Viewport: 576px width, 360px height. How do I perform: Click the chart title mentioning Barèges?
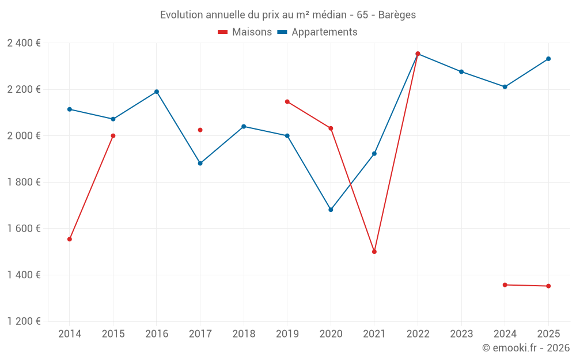point(288,15)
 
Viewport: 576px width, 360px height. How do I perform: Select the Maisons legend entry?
point(245,32)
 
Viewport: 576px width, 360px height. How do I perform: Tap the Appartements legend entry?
point(317,32)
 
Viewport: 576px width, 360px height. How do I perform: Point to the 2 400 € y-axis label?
point(24,43)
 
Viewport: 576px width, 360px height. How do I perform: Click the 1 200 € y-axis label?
point(24,321)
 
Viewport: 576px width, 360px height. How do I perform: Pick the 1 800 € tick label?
point(24,182)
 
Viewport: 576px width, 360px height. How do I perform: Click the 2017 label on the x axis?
point(200,334)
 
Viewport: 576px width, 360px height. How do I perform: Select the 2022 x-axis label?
point(418,334)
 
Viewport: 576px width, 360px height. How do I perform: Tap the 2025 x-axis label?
point(548,334)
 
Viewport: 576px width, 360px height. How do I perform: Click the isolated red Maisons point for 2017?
point(200,130)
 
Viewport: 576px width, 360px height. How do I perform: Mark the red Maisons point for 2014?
point(70,239)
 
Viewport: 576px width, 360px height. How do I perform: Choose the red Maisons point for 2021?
point(374,252)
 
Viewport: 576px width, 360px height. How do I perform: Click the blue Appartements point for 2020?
point(331,210)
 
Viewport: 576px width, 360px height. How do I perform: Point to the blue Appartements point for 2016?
point(157,92)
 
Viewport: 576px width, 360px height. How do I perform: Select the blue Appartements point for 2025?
point(548,59)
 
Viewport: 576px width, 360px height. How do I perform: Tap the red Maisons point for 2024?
point(505,285)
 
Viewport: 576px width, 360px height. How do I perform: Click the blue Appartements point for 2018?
point(244,126)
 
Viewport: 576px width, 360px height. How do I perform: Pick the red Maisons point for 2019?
point(287,102)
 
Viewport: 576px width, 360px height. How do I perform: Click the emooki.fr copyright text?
point(526,348)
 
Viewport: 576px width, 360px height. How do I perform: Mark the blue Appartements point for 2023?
point(461,71)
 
